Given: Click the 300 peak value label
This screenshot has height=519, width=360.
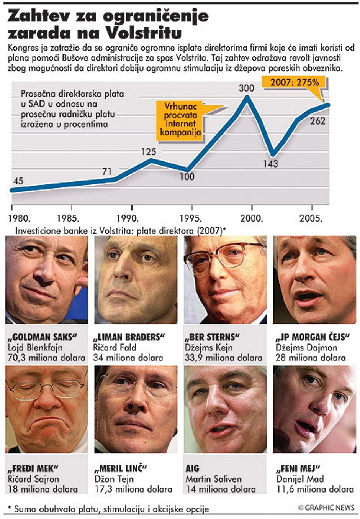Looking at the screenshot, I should point(246,88).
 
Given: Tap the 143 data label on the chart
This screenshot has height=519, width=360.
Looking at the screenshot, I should point(270,164).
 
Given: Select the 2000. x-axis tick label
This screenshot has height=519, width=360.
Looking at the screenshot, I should point(251,218).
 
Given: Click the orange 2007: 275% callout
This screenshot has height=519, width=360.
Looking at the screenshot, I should point(294,82).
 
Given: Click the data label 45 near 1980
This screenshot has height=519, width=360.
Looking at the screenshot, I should point(18,181).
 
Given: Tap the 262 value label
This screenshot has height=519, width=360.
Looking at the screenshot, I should point(317,122).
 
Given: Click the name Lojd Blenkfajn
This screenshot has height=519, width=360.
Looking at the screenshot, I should point(35,347).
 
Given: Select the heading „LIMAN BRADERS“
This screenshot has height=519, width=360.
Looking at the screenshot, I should point(129,337).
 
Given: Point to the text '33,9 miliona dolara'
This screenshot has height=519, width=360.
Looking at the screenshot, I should point(224,358).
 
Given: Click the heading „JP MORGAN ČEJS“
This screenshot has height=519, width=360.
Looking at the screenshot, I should point(313,337).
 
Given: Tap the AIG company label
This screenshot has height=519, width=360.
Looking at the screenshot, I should point(193,468).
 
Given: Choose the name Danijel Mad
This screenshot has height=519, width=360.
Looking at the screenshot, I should point(300,479).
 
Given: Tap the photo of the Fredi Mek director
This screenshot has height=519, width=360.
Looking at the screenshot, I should point(46,409).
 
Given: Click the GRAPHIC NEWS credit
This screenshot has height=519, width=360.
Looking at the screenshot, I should point(326,508).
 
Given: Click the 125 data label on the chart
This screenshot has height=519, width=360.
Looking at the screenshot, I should point(149,152).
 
